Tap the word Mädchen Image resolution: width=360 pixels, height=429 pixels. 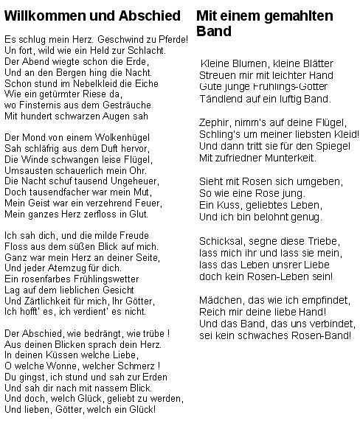point(221,299)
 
